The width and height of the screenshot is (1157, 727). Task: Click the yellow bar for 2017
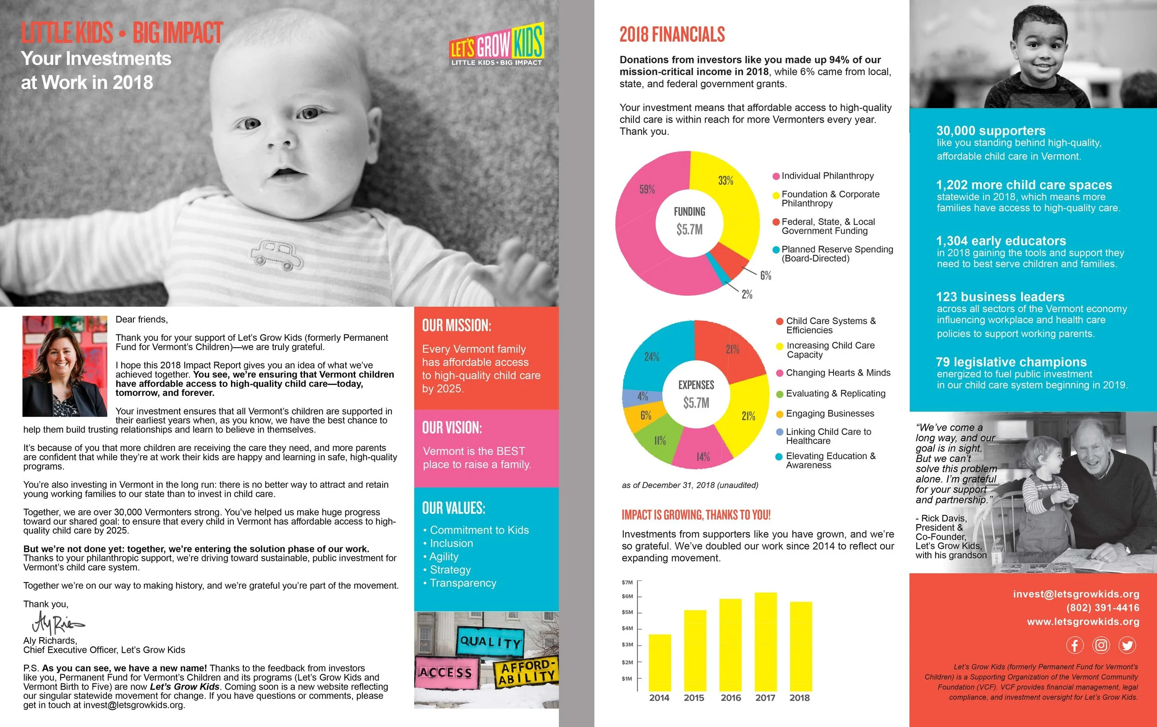pos(765,641)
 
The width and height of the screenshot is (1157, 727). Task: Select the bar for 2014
pos(659,663)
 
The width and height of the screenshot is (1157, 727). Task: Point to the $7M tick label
pos(627,582)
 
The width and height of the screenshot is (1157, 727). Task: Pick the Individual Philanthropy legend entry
pos(827,176)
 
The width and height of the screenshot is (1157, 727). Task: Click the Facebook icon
pos(1075,645)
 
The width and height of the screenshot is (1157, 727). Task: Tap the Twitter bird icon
pos(1127,645)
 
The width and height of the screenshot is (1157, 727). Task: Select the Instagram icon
pos(1101,645)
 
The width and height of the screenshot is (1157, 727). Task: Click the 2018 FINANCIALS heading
pos(672,35)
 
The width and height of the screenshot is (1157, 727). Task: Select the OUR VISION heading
pos(452,427)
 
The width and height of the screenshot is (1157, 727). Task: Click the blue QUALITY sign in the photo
pos(490,641)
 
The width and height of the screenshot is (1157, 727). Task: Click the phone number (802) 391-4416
pos(1102,608)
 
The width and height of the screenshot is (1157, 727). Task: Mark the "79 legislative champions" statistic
pos(1011,362)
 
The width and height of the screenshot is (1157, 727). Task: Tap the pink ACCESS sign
pos(445,672)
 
